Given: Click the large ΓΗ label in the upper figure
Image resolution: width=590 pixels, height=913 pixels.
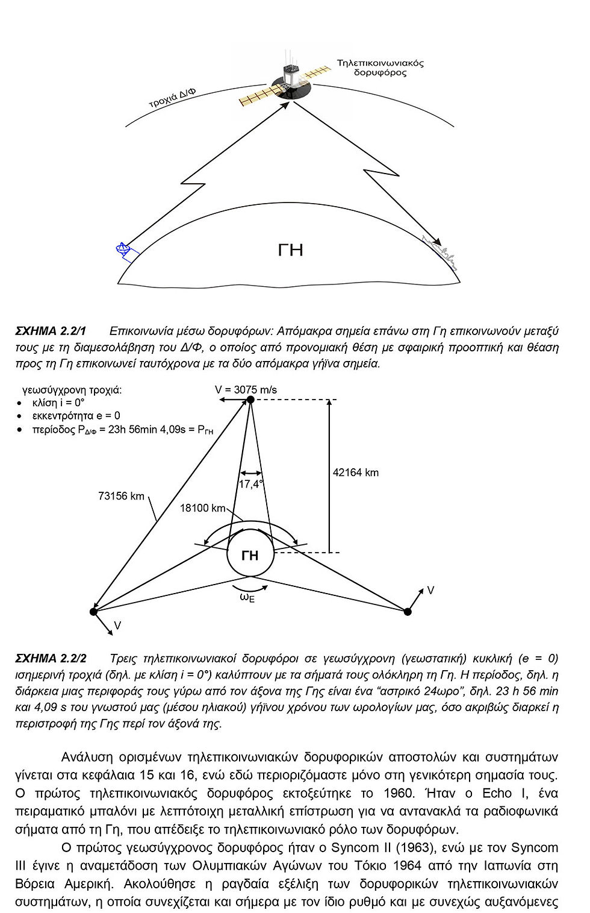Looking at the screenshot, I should [x=290, y=249].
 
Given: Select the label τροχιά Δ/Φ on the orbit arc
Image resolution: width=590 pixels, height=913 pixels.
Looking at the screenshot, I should [x=172, y=98].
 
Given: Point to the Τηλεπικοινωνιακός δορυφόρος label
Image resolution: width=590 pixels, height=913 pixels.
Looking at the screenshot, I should [x=380, y=67].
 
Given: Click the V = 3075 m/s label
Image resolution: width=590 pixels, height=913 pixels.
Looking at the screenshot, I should [x=246, y=390].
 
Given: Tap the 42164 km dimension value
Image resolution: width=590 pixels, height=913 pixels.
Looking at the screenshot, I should [x=356, y=472].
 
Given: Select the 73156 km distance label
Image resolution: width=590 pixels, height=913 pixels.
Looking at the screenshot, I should [x=121, y=496].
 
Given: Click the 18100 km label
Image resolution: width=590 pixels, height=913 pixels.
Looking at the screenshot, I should [x=202, y=508].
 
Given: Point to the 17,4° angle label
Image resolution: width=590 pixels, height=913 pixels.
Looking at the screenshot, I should [x=250, y=484].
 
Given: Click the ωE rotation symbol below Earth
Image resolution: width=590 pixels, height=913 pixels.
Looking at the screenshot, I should [x=247, y=598].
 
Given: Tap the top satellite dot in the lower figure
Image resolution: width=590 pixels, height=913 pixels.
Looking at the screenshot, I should [x=250, y=400].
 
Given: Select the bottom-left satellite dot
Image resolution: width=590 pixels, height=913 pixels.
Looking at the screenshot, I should [x=93, y=612].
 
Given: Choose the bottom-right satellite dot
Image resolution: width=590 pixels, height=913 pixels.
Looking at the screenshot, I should [x=408, y=612].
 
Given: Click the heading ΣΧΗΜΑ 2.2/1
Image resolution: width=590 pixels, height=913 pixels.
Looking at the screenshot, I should [x=51, y=331].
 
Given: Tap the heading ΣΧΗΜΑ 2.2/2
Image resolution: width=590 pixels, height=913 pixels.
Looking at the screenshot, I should [x=51, y=658].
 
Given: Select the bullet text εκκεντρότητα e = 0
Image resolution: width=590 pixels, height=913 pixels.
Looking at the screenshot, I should [x=76, y=416].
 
